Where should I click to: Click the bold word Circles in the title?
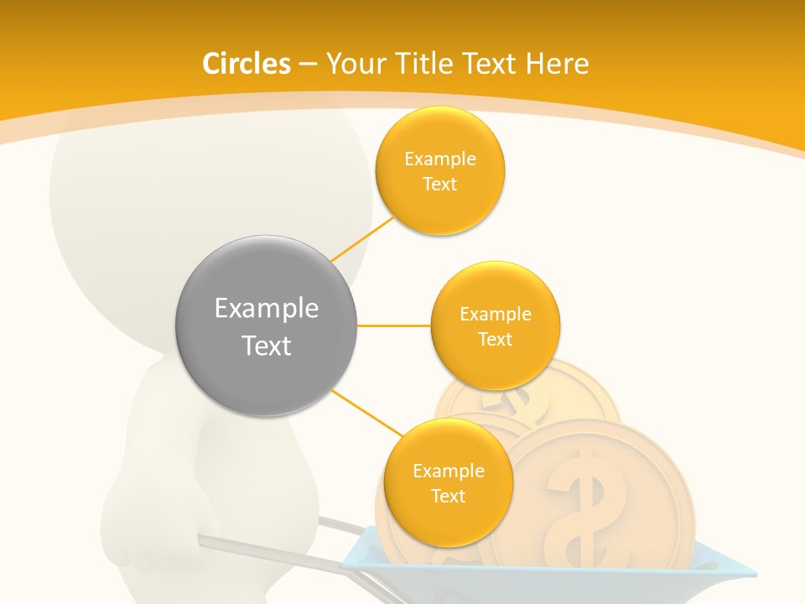(247, 64)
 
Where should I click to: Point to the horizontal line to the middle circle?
(393, 325)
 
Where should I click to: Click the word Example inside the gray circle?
(266, 308)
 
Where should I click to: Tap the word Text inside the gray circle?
(266, 346)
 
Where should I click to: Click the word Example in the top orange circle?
(439, 159)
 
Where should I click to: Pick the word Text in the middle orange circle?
(495, 339)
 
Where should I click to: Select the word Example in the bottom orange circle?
(448, 471)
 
